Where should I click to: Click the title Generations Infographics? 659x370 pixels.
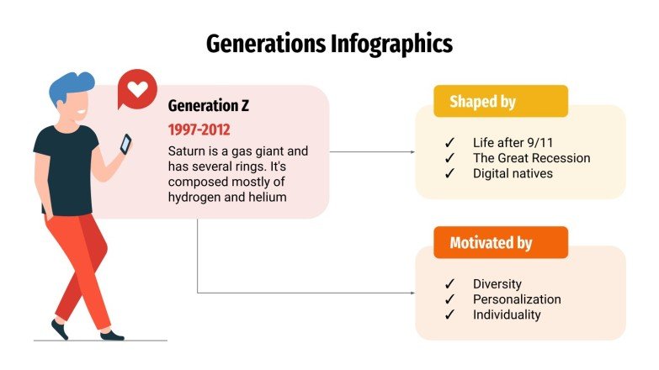click(329, 43)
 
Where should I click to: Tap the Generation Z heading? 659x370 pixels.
click(208, 106)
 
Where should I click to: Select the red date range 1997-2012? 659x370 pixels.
click(199, 129)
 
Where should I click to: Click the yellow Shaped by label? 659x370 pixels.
click(482, 102)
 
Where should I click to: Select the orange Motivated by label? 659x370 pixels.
click(491, 243)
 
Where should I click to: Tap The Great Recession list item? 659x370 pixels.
click(531, 158)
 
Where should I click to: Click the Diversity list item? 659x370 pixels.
click(497, 284)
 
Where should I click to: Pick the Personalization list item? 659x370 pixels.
click(516, 299)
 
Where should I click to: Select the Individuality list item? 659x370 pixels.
click(507, 314)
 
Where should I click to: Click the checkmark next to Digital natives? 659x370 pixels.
click(449, 173)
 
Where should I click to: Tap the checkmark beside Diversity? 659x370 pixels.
click(449, 284)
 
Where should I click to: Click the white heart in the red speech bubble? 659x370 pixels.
click(137, 87)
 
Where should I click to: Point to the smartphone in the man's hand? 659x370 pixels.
click(125, 145)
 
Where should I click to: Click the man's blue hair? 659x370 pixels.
click(69, 87)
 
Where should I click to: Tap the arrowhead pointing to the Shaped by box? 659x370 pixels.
click(412, 152)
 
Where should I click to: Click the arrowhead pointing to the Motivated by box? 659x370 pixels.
click(412, 293)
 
